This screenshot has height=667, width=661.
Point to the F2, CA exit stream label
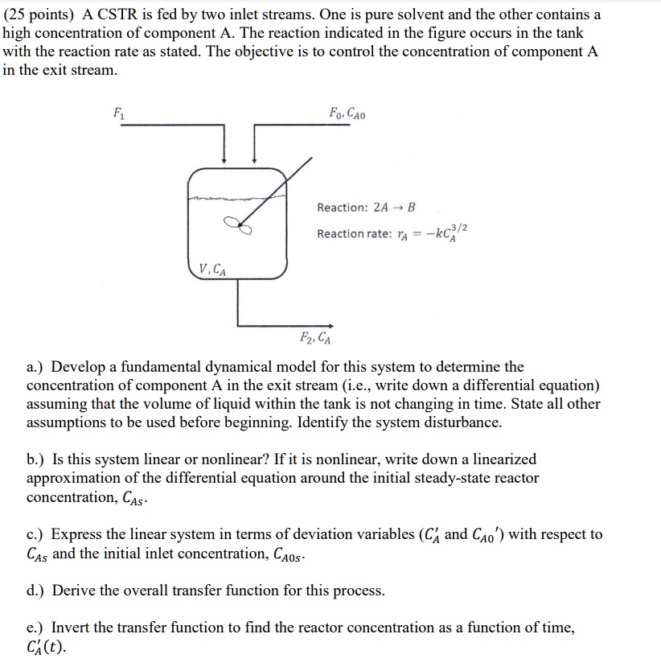pos(315,337)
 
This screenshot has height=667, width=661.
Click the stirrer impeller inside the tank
pos(239,227)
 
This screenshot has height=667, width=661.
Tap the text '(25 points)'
pos(39,14)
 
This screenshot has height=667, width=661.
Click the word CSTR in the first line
pos(120,14)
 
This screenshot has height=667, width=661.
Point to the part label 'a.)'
pos(37,368)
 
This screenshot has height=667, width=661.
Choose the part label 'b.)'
pos(37,459)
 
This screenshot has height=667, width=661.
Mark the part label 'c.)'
pos(37,534)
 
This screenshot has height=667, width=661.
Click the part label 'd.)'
pos(37,591)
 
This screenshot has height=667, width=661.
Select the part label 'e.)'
pos(37,628)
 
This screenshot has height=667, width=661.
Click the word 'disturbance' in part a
pos(461,422)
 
